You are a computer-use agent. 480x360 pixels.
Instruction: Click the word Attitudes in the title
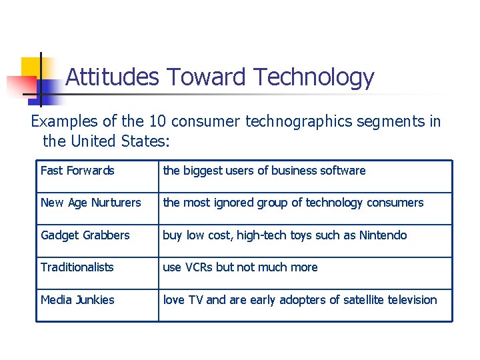click(112, 77)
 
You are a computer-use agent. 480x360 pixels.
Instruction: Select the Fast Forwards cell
click(77, 171)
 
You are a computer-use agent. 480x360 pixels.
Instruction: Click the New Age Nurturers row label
click(91, 203)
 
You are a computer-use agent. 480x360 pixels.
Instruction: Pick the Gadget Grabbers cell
click(85, 235)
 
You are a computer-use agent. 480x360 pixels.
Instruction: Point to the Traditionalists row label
click(77, 267)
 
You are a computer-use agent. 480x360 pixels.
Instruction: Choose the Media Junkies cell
click(77, 300)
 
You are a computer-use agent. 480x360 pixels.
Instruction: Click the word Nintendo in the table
click(383, 235)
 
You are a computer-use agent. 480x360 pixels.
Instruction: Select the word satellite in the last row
click(365, 300)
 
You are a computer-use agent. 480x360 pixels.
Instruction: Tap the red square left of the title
click(19, 87)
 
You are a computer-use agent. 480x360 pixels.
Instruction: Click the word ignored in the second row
click(232, 203)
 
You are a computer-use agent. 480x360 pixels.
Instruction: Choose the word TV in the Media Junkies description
click(194, 300)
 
